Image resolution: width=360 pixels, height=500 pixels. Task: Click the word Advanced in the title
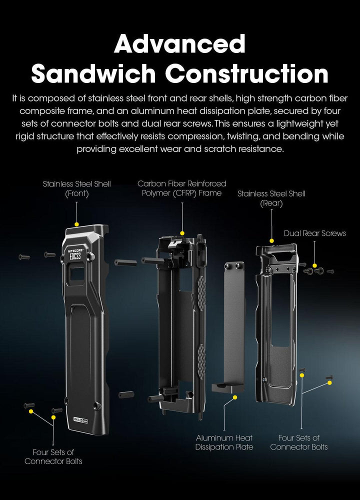coord(179,44)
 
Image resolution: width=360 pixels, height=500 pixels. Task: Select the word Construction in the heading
coord(246,73)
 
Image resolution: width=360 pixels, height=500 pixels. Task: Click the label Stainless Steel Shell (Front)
coord(76,189)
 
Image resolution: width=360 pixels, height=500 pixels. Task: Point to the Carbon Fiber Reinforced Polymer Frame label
coord(182,188)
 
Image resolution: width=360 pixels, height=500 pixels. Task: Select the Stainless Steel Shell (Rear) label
coord(271,198)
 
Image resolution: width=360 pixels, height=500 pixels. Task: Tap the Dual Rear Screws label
coord(314,233)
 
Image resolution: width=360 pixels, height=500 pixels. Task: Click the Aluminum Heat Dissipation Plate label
coord(224,442)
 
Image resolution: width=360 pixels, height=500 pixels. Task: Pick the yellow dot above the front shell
coord(76,224)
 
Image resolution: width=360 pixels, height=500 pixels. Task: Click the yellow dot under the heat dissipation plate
coord(235,398)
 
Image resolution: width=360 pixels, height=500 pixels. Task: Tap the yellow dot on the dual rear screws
coord(314,266)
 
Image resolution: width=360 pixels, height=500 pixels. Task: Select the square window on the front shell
coord(77,274)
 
